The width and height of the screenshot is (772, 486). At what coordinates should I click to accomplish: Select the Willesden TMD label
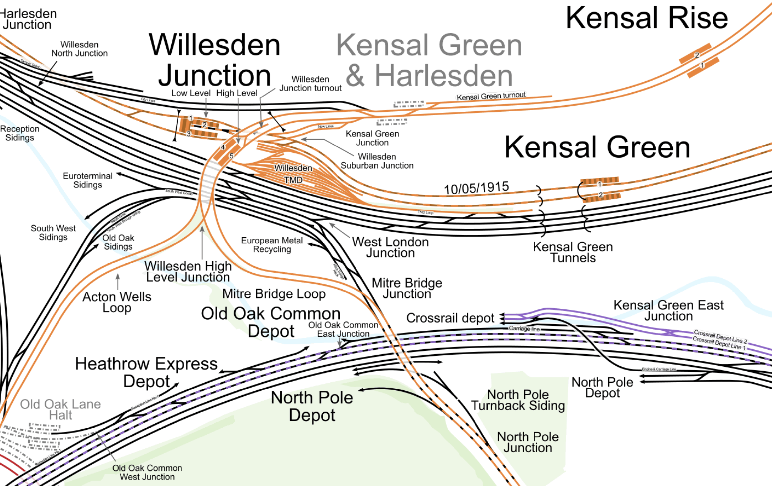click(293, 174)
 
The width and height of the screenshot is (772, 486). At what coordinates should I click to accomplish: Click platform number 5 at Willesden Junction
click(231, 156)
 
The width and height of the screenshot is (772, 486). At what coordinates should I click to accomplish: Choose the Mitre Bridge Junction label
click(407, 288)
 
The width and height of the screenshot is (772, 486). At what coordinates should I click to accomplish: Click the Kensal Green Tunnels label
click(573, 252)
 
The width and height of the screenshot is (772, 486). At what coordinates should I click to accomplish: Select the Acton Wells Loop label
click(117, 302)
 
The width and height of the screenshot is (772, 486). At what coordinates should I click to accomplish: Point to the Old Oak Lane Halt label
click(60, 409)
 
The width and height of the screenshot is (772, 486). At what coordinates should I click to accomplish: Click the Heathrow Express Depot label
click(147, 372)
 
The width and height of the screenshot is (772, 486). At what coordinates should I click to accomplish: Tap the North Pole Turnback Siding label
click(518, 400)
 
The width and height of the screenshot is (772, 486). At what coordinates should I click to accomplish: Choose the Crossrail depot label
click(450, 318)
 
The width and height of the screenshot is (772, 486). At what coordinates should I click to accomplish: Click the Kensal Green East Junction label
click(668, 310)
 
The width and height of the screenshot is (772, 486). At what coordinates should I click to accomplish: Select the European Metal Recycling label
click(272, 245)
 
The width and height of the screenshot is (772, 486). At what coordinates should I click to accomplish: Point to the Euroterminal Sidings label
click(88, 180)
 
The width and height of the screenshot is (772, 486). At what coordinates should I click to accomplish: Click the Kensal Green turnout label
click(491, 96)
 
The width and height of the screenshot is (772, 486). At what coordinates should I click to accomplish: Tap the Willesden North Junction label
click(79, 49)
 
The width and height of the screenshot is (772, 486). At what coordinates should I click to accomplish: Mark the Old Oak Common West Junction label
click(147, 472)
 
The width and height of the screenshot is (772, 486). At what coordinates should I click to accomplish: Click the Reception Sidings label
click(20, 133)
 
